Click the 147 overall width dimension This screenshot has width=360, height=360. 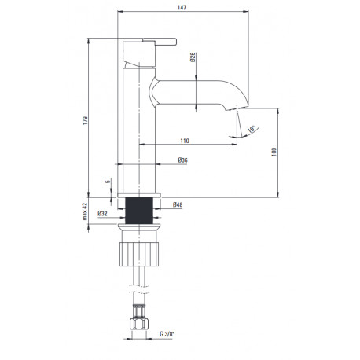[182, 7]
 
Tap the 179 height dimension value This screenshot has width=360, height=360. [85, 120]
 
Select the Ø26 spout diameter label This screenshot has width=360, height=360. [193, 57]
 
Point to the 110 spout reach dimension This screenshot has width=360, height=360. [185, 141]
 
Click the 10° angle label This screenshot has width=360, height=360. [252, 129]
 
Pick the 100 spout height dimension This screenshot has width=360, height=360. [274, 152]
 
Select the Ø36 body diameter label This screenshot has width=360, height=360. [182, 160]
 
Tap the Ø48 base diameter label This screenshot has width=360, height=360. [178, 204]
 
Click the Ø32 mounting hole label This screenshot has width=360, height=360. [102, 214]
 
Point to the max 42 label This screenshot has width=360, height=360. [85, 211]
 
